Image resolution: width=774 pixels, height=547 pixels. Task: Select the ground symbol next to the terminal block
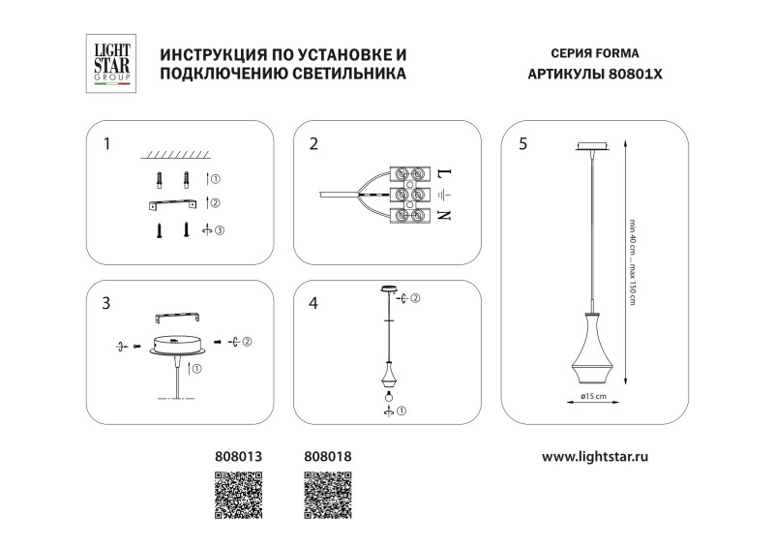pyautogui.click(x=443, y=195)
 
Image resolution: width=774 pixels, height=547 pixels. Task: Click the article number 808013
pyautogui.click(x=238, y=454)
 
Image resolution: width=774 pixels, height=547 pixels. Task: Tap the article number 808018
pyautogui.click(x=329, y=454)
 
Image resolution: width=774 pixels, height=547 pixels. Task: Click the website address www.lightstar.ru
pyautogui.click(x=594, y=454)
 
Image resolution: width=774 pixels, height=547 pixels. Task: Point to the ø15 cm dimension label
pyautogui.click(x=593, y=397)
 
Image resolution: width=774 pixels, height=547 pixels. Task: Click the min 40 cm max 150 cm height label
pyautogui.click(x=632, y=259)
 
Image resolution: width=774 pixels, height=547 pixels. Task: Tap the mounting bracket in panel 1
pyautogui.click(x=172, y=203)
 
